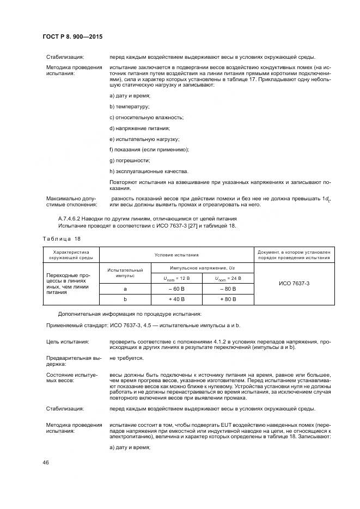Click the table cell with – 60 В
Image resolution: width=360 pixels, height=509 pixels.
click(176, 289)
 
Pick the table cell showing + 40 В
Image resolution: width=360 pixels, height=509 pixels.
click(176, 299)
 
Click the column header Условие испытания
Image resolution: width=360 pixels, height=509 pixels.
click(176, 255)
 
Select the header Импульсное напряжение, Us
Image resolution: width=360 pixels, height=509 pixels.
click(202, 268)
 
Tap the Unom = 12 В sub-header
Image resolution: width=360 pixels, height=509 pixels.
click(176, 278)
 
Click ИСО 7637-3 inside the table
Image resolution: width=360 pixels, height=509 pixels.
click(294, 284)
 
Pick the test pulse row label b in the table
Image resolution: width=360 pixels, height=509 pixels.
click(125, 299)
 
